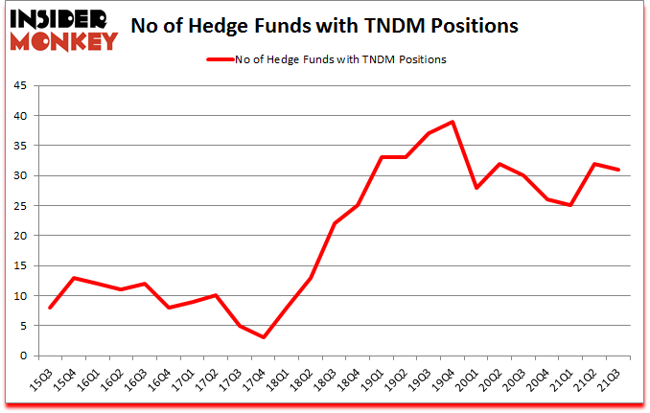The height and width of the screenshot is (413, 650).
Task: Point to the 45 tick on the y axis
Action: [21, 86]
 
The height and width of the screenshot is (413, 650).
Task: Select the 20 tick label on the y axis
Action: [21, 236]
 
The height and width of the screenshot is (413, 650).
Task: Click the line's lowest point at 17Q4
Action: [264, 337]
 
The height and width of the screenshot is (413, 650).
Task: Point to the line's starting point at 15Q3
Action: [50, 308]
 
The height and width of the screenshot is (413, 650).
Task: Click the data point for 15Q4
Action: [74, 278]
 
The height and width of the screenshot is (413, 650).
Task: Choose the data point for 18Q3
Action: [335, 223]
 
